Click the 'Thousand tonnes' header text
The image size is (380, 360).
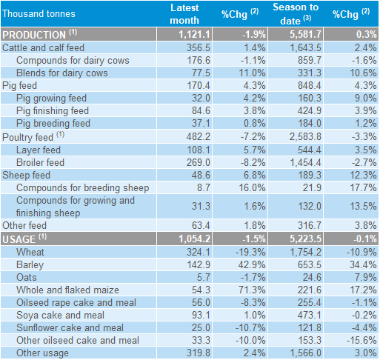[39, 13]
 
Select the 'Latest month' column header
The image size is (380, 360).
[184, 14]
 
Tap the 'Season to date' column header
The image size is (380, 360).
[296, 14]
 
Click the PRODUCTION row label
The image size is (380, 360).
[34, 35]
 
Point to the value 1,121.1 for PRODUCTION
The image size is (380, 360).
[194, 34]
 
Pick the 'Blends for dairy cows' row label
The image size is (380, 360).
[62, 73]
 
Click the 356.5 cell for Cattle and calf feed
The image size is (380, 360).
[199, 47]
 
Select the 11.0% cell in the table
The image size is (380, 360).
[252, 73]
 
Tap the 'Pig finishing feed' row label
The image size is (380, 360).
[53, 111]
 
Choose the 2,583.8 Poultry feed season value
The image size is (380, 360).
[305, 136]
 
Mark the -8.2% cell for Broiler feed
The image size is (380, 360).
[253, 162]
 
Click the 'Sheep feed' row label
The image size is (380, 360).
[26, 176]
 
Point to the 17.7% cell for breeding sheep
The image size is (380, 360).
[364, 188]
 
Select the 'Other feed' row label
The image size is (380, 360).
[24, 226]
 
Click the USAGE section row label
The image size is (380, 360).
[19, 239]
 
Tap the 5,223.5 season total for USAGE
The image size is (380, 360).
[306, 239]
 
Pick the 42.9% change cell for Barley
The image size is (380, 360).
[252, 265]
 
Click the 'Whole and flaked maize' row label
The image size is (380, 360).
[67, 290]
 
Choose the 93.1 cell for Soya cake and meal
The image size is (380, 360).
[201, 316]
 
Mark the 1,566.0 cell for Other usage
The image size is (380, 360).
[306, 353]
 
